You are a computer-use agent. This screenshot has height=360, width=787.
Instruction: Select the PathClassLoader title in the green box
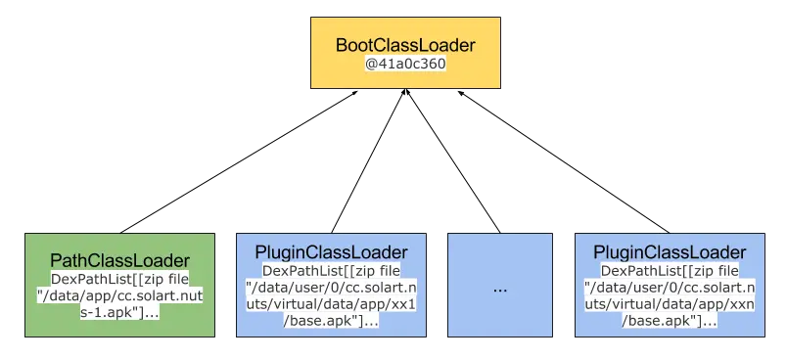pos(119,260)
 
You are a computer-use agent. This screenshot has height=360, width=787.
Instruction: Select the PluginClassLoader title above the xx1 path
pos(331,252)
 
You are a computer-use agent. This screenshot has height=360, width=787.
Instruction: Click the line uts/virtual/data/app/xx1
pos(331,303)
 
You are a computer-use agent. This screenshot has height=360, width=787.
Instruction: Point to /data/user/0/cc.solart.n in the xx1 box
pos(331,287)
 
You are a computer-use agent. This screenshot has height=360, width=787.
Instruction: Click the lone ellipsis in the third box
pos(500,290)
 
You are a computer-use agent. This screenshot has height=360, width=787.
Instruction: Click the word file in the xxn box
pos(725,270)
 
